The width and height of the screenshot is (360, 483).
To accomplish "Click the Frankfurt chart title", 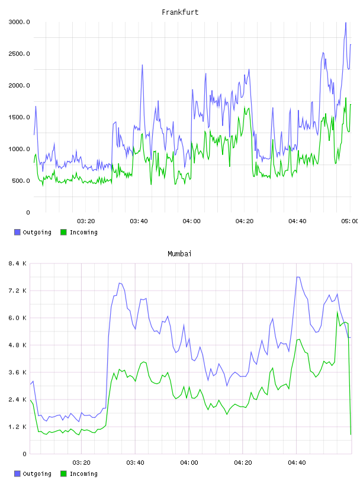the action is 180,12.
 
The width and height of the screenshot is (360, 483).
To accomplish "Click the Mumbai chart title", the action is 179,254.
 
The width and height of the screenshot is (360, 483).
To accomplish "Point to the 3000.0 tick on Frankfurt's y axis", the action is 20,22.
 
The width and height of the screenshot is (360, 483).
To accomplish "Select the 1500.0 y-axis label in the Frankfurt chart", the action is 20,117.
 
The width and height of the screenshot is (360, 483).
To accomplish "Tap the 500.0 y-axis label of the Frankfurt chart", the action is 21,181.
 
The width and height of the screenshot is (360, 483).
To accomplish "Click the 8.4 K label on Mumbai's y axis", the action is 18,263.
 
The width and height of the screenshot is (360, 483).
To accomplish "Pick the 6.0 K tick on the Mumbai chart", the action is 18,318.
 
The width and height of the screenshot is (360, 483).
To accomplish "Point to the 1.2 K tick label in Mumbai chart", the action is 18,427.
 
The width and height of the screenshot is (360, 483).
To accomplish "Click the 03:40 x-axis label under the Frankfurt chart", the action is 139,221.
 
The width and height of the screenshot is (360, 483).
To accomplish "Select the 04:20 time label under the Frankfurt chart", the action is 245,221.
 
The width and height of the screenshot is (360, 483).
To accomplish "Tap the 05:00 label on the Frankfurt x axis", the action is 350,221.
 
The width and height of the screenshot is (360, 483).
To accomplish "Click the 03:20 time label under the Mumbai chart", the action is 81,463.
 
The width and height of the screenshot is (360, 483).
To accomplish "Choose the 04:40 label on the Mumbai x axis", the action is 297,463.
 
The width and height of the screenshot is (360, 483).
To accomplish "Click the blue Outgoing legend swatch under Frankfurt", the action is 17,232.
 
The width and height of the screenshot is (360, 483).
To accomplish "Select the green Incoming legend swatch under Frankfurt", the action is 63,232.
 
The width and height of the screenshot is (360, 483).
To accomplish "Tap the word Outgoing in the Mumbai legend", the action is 37,474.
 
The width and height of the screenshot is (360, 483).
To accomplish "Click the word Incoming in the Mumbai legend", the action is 83,474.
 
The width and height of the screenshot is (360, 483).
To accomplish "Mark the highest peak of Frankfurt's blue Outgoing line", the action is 346,22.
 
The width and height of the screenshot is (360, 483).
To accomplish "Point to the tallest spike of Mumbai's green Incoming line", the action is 337,312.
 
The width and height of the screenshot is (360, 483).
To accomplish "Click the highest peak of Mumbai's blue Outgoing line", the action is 298,277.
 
